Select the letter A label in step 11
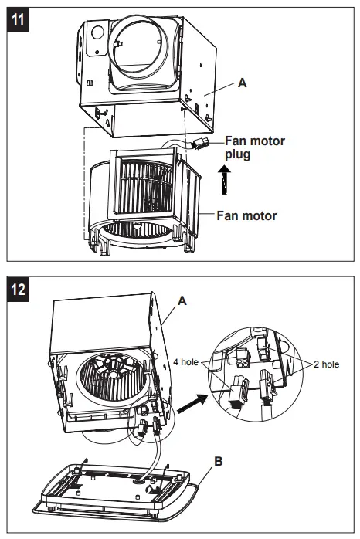243,82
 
